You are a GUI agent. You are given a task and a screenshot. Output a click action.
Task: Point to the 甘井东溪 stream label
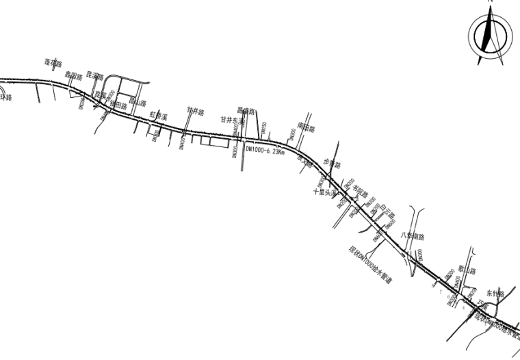tap(233, 119)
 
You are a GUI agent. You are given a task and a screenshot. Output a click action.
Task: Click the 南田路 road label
tap(307, 128)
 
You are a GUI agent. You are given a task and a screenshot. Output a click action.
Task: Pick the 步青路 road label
tap(331, 164)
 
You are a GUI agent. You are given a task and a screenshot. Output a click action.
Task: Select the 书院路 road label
tap(360, 192)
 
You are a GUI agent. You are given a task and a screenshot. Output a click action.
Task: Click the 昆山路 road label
tap(139, 103)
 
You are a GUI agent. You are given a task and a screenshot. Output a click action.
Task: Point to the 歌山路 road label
tap(465, 270)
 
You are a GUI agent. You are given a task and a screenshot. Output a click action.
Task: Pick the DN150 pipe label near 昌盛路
tap(263, 128)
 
